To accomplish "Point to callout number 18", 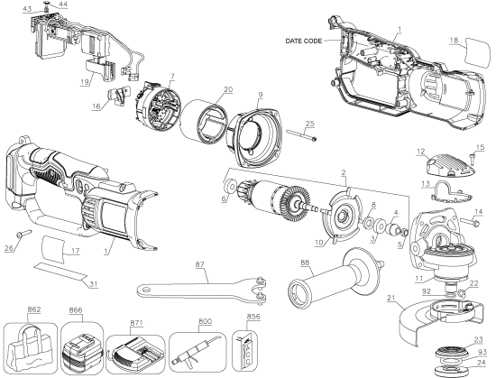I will pyautogui.click(x=455, y=40).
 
